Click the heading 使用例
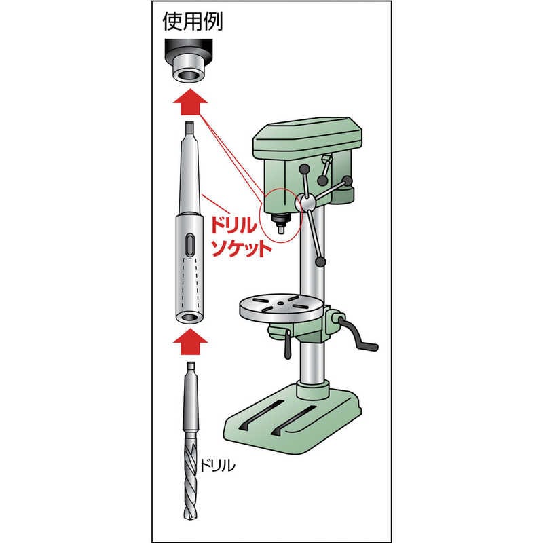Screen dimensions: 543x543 [193, 22]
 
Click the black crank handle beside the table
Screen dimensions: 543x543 [360, 343]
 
